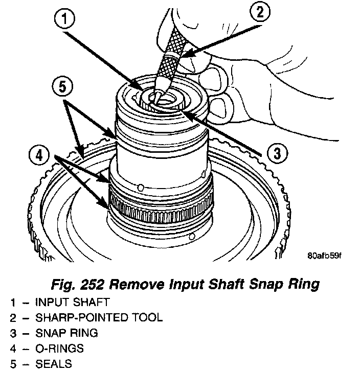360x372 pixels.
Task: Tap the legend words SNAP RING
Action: [x=66, y=333]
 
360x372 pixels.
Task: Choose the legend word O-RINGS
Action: [x=59, y=349]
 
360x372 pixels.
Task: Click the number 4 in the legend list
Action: [x=12, y=349]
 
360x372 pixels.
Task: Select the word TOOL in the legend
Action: [x=149, y=317]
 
